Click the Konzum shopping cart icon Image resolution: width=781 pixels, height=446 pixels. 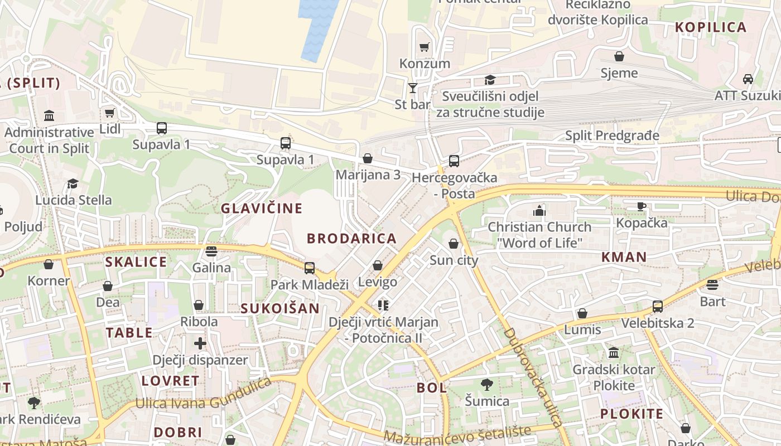[x=425, y=47]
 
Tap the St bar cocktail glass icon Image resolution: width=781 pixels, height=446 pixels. [x=412, y=88]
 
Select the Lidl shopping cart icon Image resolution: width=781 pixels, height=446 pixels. [x=110, y=113]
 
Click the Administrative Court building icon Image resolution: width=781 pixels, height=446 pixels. [x=49, y=116]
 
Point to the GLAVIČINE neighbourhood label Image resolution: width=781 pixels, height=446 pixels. [x=262, y=209]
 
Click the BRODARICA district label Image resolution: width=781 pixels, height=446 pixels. [x=351, y=239]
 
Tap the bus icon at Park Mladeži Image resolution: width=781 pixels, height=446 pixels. [x=310, y=268]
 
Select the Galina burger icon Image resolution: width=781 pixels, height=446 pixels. [x=211, y=251]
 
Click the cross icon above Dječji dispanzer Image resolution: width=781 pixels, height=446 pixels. [x=200, y=343]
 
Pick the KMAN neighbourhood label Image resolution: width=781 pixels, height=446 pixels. [x=624, y=257]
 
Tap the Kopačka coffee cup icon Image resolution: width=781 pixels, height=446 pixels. [x=642, y=206]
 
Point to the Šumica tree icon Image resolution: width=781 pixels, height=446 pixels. [x=487, y=384]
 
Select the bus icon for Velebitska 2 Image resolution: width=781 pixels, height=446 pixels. [x=658, y=306]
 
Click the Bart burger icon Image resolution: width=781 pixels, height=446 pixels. [x=712, y=285]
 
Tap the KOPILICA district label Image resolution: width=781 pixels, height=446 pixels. [x=711, y=27]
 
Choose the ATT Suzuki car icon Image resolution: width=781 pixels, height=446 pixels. [x=748, y=79]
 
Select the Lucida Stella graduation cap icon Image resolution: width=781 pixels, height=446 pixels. [x=73, y=183]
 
